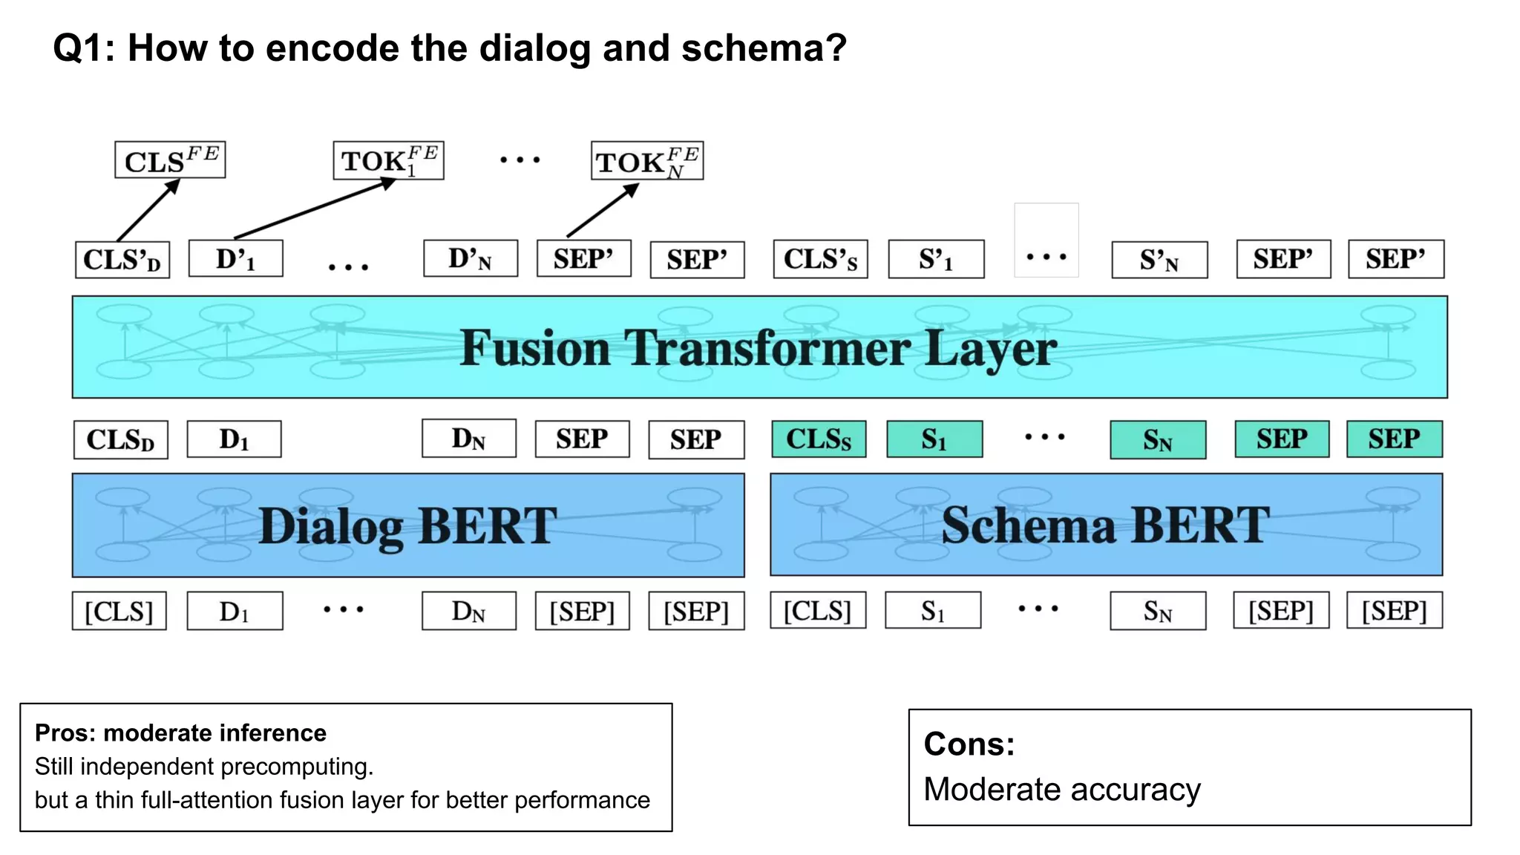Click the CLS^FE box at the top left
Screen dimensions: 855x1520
tap(170, 160)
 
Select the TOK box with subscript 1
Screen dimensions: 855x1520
tap(388, 160)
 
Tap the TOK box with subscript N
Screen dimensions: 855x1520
tap(646, 161)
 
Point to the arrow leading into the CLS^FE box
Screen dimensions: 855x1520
tap(148, 210)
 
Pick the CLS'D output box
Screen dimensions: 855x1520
tap(122, 260)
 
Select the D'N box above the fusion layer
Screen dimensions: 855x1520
tap(471, 259)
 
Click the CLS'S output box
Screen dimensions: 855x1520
tap(820, 259)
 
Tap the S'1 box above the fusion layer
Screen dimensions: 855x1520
tap(936, 259)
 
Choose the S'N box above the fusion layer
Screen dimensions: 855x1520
tap(1159, 260)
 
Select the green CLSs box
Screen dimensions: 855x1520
tap(819, 439)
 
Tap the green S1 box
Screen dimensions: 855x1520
tap(934, 439)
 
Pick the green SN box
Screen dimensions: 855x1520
tap(1158, 440)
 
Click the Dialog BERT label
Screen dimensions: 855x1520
tap(407, 526)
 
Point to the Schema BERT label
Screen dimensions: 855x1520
tap(1106, 525)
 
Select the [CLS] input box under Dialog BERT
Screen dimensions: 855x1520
tap(119, 611)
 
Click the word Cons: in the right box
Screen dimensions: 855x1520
tap(969, 744)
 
